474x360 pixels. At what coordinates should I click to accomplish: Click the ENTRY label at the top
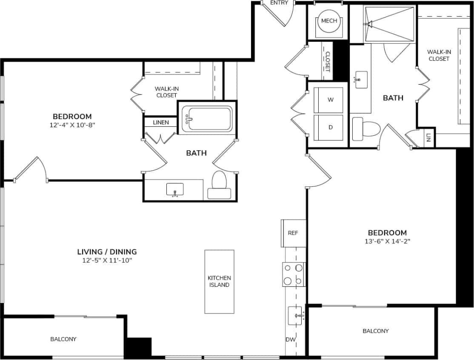pos(279,3)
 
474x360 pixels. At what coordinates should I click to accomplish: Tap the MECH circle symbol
pos(329,21)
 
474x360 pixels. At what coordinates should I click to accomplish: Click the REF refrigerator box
pos(293,233)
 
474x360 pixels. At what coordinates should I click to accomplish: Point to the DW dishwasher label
pos(291,340)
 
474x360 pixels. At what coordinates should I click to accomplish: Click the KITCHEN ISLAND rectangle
pos(219,281)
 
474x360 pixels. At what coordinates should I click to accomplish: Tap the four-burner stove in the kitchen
pos(294,274)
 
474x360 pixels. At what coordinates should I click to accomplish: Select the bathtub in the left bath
pos(207,118)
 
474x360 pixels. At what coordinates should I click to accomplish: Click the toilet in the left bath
pos(220,185)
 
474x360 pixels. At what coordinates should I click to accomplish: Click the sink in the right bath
pos(361,80)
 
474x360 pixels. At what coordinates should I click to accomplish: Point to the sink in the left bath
pos(175,189)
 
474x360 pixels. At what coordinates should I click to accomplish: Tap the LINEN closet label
pos(161,123)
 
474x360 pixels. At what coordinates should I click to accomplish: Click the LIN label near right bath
pos(428,137)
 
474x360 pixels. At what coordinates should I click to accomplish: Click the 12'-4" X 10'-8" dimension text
pos(72,125)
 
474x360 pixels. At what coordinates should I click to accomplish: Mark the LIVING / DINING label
pos(107,251)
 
